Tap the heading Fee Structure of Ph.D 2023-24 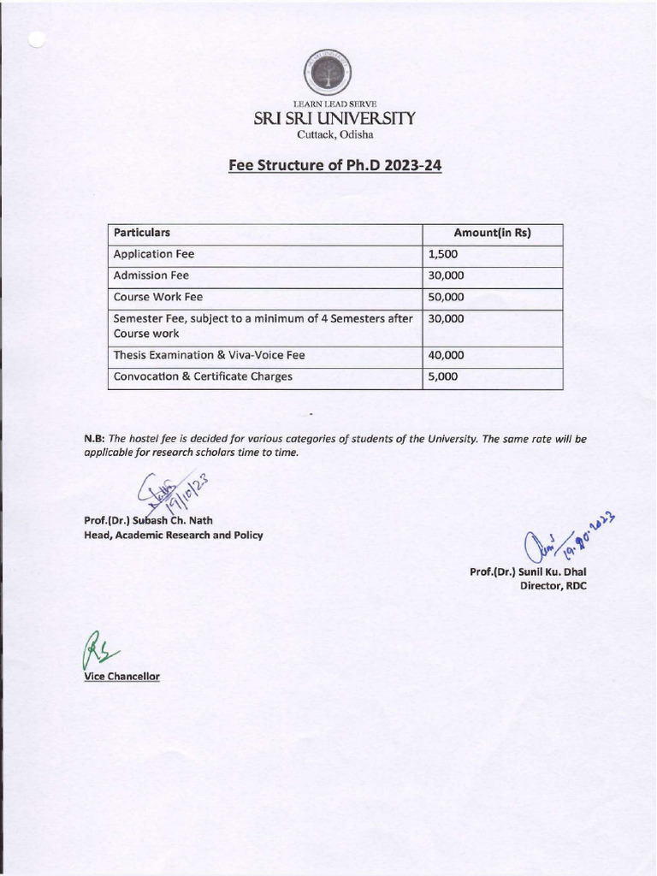tap(334, 165)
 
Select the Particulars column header tap(142, 233)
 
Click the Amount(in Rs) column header tap(492, 233)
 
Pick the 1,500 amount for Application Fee tap(443, 254)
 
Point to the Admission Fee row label tap(151, 275)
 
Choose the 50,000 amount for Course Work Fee tap(446, 297)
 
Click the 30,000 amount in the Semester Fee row tap(446, 318)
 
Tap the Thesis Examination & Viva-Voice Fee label tap(209, 355)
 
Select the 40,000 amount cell tap(446, 355)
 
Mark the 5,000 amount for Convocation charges tap(443, 376)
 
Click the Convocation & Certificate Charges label tap(203, 376)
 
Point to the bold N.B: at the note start tap(94, 439)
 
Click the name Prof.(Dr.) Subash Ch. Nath tap(148, 521)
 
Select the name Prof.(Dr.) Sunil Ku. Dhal tap(528, 571)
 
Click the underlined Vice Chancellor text tap(121, 677)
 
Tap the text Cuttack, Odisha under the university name tap(334, 134)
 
